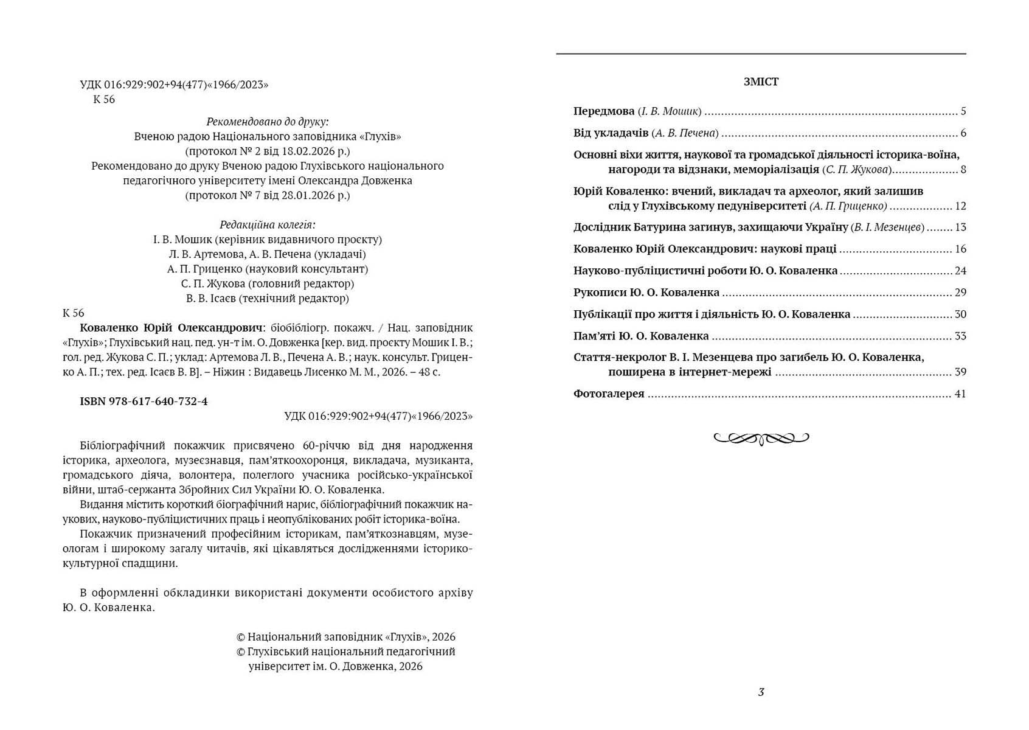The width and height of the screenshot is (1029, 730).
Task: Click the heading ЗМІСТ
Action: [761, 82]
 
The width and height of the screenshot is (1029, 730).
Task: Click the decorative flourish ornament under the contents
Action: [761, 437]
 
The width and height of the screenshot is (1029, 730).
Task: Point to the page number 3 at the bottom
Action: [761, 692]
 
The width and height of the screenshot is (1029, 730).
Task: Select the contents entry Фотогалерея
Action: [609, 394]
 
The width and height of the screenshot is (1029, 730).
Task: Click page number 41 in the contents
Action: [960, 394]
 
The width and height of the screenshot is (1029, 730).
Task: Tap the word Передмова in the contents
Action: [604, 111]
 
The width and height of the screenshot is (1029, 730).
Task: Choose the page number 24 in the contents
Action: [960, 271]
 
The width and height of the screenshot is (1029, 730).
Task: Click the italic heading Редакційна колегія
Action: [268, 224]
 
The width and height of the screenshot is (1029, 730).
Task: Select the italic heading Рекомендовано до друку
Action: [268, 121]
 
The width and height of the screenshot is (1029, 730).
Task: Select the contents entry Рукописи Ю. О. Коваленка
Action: [646, 293]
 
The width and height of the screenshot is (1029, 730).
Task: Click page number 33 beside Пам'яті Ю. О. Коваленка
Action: [960, 336]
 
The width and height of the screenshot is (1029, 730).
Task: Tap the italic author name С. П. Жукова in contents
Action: [857, 169]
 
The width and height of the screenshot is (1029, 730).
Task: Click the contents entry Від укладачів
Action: [611, 133]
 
